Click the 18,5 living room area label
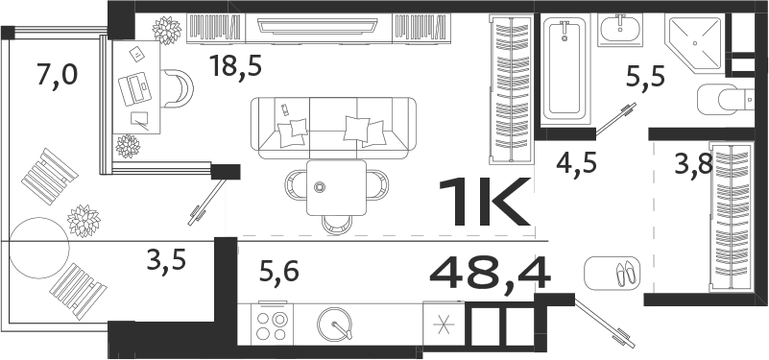point(235,66)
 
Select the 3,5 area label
point(166,260)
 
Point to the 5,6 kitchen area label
point(278,272)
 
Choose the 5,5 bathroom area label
point(646,76)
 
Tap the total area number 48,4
point(490,274)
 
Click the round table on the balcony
point(38,245)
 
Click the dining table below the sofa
point(335,187)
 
